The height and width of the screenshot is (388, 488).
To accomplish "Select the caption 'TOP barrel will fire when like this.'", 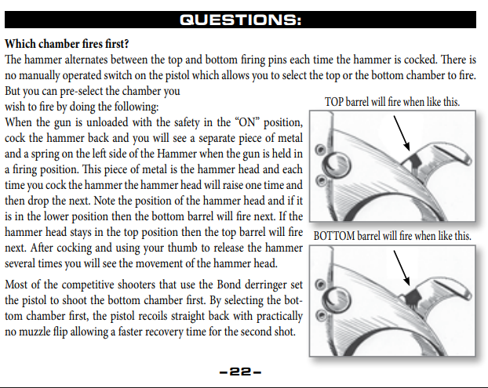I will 392,103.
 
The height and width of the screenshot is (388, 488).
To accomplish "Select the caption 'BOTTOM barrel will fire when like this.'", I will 392,236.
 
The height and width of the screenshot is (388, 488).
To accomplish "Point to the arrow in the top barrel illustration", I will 402,137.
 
